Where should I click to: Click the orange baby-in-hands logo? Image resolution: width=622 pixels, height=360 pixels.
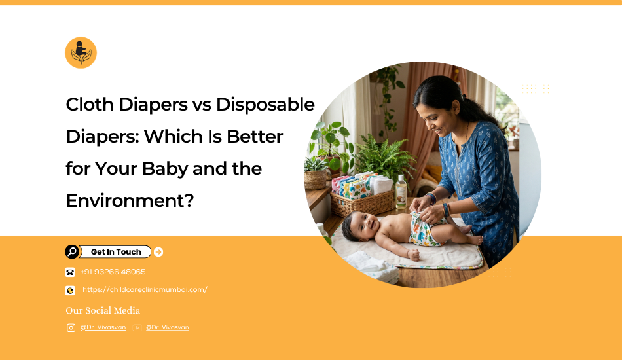tap(81, 53)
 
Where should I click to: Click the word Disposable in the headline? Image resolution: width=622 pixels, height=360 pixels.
tap(265, 105)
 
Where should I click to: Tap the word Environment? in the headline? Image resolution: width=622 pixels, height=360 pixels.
tap(130, 200)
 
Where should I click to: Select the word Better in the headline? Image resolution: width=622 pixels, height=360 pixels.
tap(255, 136)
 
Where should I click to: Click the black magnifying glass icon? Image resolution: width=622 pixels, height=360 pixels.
tap(72, 252)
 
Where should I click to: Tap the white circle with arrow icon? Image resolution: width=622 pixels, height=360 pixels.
tap(158, 252)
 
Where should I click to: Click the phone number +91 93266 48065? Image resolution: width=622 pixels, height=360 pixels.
tap(113, 272)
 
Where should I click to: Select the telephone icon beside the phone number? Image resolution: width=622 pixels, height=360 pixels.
tap(70, 272)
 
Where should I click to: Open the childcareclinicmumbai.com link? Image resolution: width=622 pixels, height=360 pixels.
tap(145, 290)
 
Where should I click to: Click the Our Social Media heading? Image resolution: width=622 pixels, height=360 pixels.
tap(103, 310)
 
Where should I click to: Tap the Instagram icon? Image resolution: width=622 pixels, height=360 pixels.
tap(71, 327)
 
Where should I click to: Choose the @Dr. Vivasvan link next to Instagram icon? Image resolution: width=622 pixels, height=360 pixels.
tap(103, 327)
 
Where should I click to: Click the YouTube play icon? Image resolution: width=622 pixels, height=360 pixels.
tap(137, 327)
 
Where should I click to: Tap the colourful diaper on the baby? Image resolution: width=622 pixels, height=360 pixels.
tap(424, 230)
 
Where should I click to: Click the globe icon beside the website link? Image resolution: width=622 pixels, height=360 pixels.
tap(70, 291)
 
